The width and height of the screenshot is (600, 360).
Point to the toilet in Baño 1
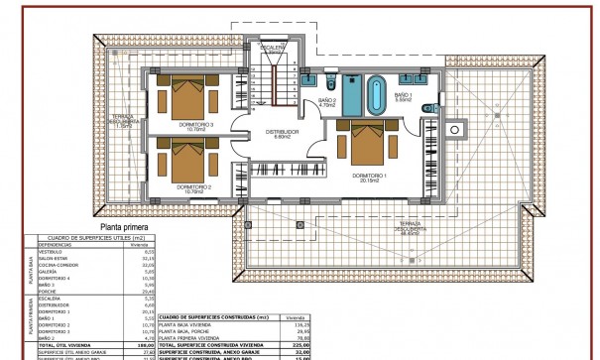pyautogui.click(x=426, y=108)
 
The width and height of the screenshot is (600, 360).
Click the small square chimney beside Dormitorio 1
pyautogui.click(x=456, y=127)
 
